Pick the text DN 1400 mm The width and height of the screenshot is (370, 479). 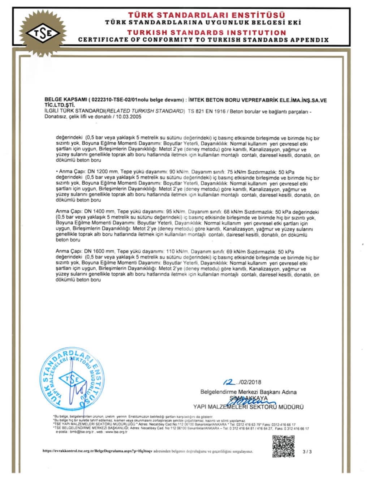coord(95,211)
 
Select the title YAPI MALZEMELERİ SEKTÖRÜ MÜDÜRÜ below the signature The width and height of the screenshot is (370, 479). coord(249,407)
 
